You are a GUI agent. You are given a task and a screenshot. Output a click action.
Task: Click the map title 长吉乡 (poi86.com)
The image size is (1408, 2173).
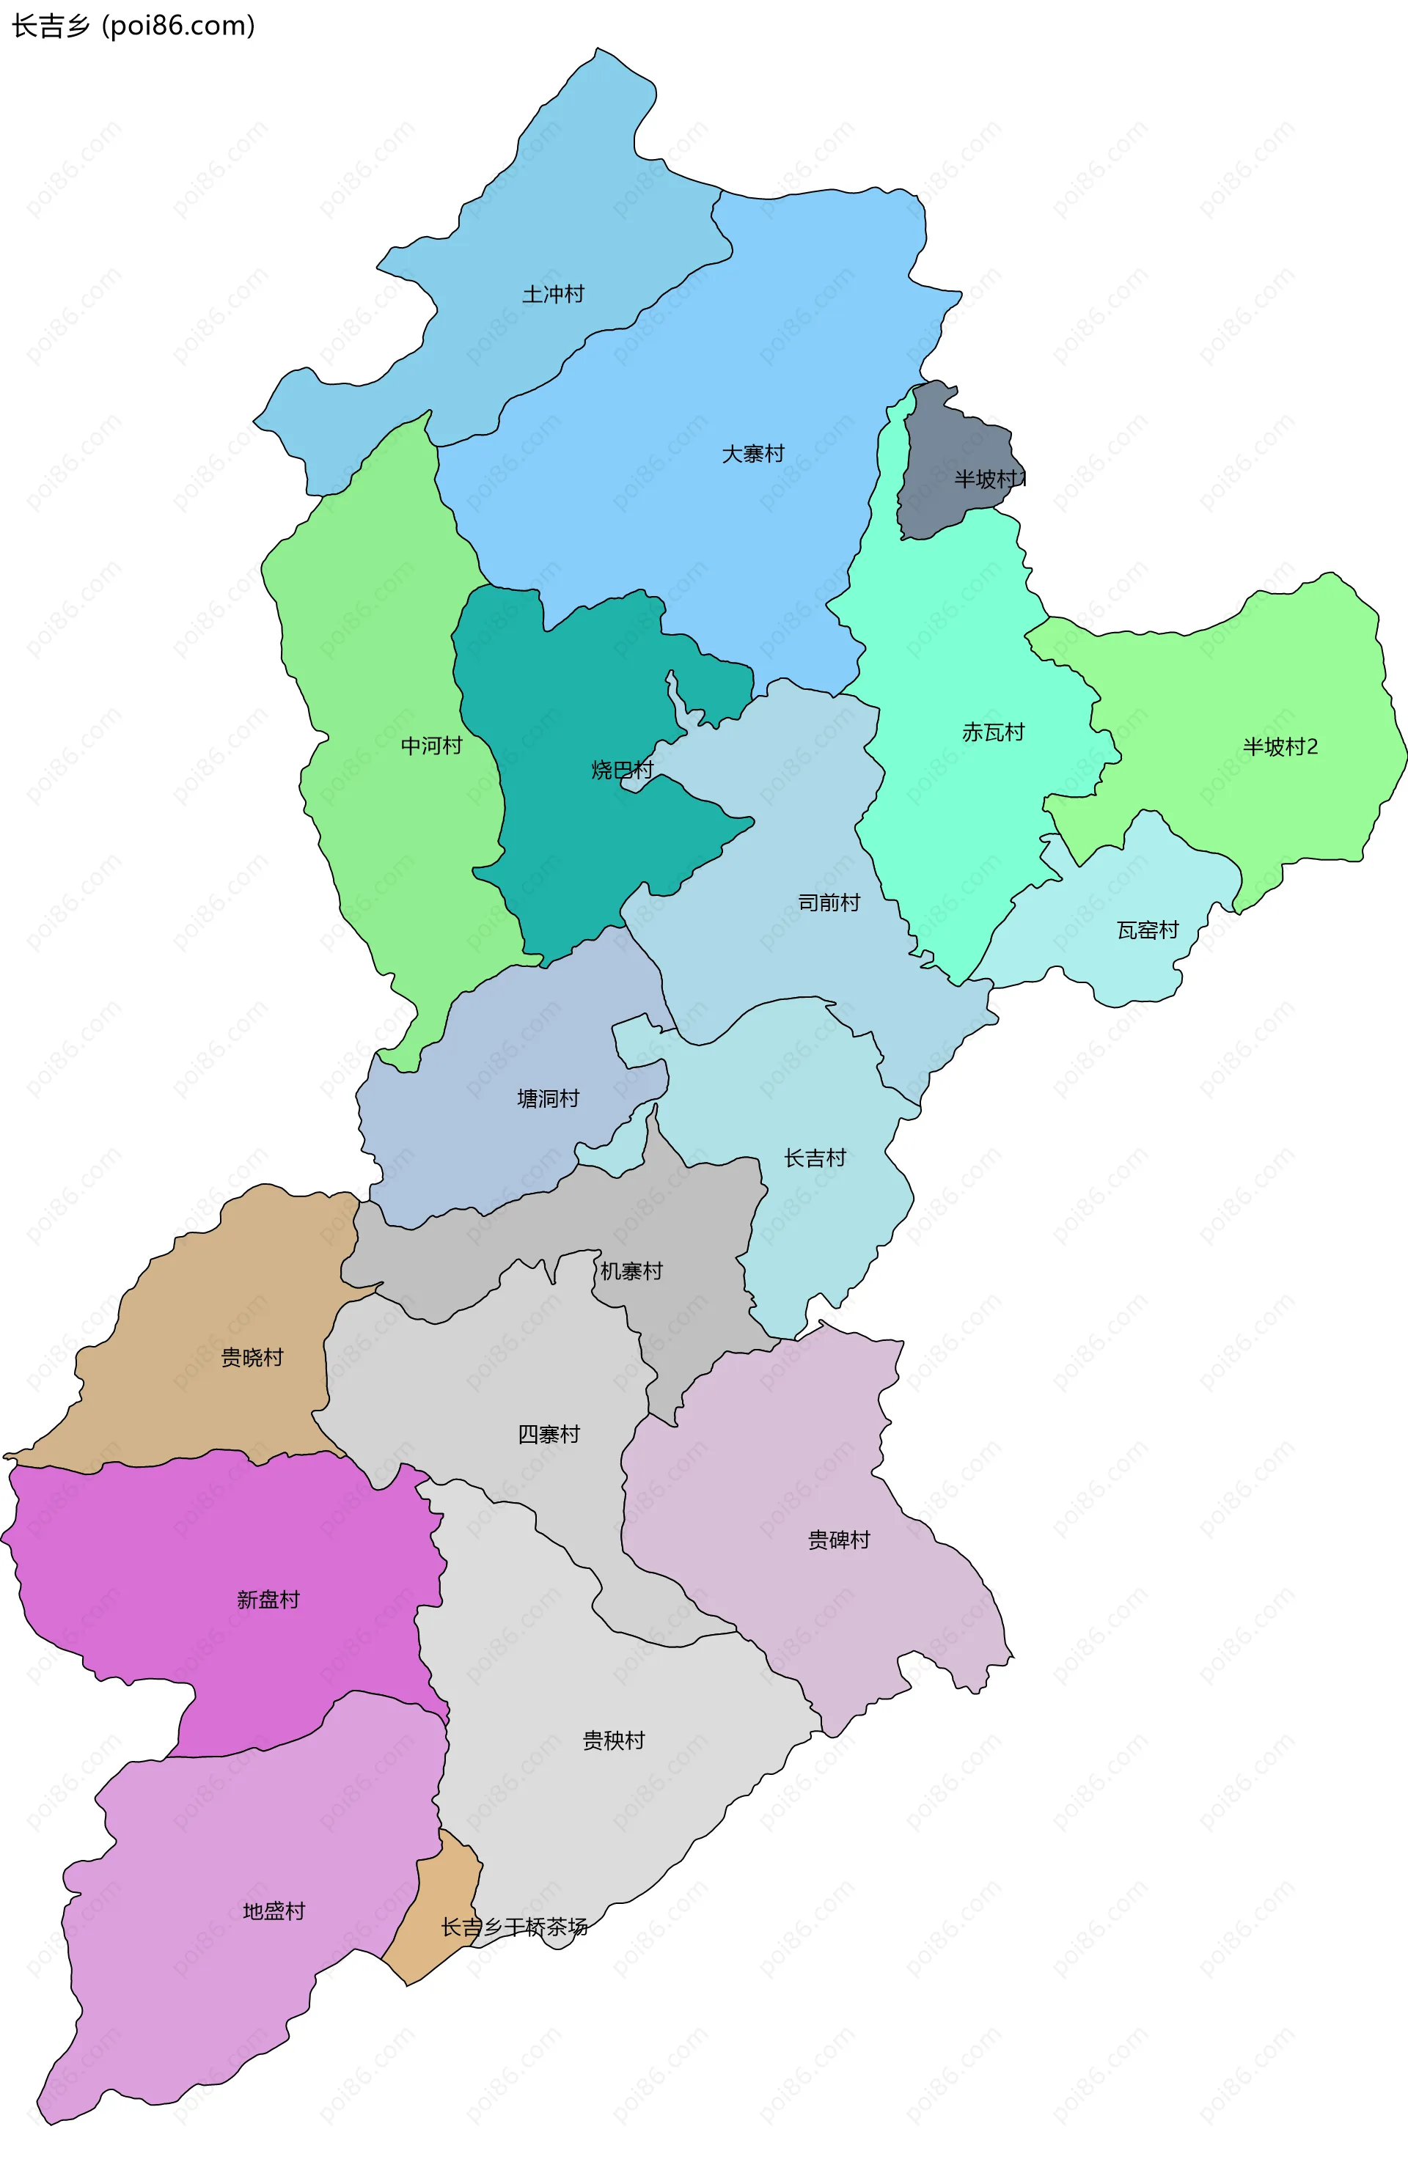point(133,26)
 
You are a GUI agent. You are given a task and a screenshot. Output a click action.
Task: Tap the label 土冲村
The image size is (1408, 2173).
point(552,294)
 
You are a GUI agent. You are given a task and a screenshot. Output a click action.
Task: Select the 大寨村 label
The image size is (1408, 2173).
point(752,454)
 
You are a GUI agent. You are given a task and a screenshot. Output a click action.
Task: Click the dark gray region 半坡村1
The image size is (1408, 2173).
point(950,457)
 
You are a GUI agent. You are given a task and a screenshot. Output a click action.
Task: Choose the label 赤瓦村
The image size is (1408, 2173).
point(992,732)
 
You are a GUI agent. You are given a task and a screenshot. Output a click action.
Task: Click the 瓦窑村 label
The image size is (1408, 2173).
point(1147,930)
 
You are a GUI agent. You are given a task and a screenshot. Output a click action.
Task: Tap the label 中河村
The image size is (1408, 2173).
point(431,746)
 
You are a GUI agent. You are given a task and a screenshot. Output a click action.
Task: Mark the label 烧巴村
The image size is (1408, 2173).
point(622,770)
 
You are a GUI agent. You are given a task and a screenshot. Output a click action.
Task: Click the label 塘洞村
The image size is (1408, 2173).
point(548,1098)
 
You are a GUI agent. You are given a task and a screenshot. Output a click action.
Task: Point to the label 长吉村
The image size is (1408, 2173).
point(815,1158)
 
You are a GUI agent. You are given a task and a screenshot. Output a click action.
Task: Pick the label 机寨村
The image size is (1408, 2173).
point(631,1271)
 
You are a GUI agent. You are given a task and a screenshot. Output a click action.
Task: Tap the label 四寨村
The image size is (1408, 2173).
point(549,1434)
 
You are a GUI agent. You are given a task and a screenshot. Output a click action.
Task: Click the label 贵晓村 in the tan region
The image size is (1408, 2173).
point(252,1358)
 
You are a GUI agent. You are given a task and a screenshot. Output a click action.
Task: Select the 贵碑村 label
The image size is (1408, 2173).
point(838,1540)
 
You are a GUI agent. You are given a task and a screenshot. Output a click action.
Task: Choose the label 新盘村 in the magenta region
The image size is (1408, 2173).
point(268,1600)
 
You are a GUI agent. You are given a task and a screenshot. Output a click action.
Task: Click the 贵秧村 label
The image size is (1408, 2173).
point(614,1741)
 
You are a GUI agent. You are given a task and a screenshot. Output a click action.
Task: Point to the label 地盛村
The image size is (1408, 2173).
point(273,1911)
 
